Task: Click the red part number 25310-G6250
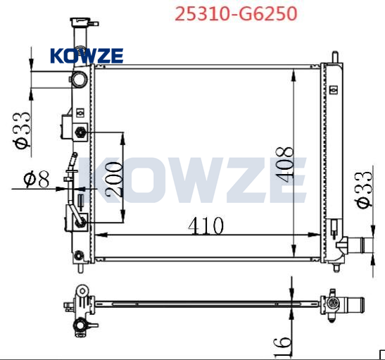pyautogui.click(x=236, y=14)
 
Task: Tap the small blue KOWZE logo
pyautogui.click(x=87, y=56)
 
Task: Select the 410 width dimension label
pyautogui.click(x=206, y=225)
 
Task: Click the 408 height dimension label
pyautogui.click(x=284, y=164)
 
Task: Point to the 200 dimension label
pyautogui.click(x=113, y=179)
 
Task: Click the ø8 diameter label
pyautogui.click(x=37, y=180)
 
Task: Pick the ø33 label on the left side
pyautogui.click(x=22, y=131)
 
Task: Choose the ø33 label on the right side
pyautogui.click(x=363, y=190)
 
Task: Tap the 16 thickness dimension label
pyautogui.click(x=282, y=347)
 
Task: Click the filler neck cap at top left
pyautogui.click(x=80, y=22)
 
